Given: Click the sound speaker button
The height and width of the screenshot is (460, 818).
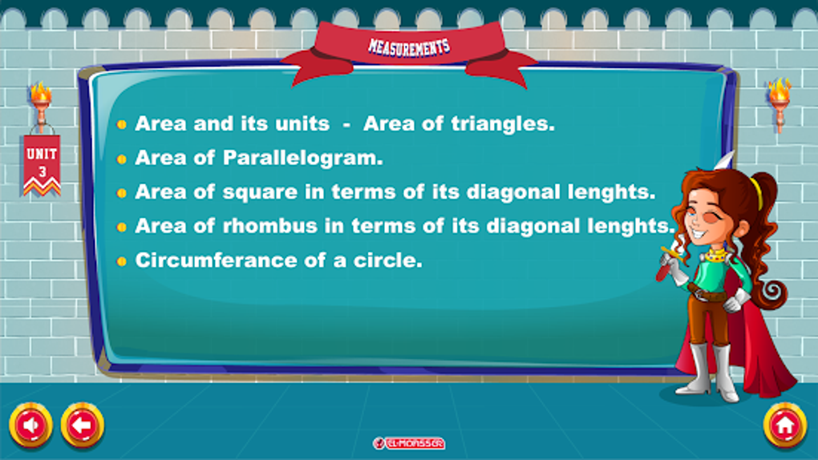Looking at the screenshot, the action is pyautogui.click(x=30, y=425).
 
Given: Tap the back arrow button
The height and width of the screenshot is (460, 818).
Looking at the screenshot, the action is pyautogui.click(x=83, y=425).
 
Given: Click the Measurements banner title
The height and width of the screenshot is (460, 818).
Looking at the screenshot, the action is pyautogui.click(x=409, y=47).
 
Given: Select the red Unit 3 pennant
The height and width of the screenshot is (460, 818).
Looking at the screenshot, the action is pyautogui.click(x=42, y=164).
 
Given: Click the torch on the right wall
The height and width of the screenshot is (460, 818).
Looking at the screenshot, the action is pyautogui.click(x=779, y=104).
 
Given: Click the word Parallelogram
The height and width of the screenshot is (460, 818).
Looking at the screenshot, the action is pyautogui.click(x=302, y=158).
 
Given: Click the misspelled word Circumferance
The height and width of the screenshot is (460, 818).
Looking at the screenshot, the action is pyautogui.click(x=216, y=260).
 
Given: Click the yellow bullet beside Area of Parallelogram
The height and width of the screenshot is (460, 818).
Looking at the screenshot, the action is pyautogui.click(x=122, y=159).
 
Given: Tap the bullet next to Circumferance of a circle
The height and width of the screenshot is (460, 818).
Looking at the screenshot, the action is pyautogui.click(x=122, y=261).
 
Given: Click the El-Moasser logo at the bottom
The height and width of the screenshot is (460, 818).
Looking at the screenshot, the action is pyautogui.click(x=408, y=443).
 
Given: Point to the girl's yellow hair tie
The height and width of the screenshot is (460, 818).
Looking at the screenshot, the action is pyautogui.click(x=757, y=192).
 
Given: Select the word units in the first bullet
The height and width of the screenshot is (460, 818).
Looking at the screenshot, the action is pyautogui.click(x=302, y=123).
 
